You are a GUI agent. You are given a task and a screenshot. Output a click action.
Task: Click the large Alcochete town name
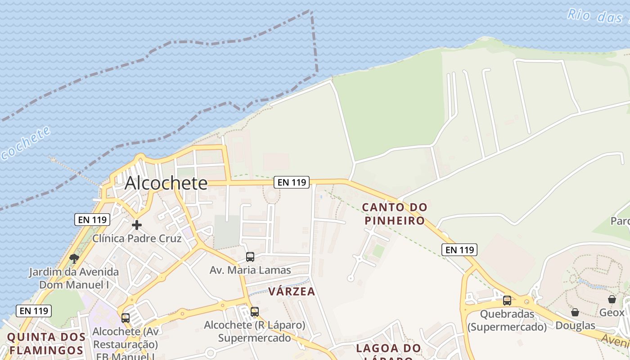click(166, 183)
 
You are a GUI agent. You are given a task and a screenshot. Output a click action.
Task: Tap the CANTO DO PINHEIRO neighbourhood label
click(395, 214)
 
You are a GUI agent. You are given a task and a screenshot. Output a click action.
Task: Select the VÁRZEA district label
click(292, 291)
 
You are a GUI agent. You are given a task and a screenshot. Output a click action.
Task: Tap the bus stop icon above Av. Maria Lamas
click(250, 257)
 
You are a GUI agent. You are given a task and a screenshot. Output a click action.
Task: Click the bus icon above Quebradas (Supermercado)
click(507, 300)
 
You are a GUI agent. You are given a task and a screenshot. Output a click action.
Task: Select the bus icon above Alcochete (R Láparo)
click(255, 311)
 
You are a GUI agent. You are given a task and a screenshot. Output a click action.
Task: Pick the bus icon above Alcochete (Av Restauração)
click(126, 318)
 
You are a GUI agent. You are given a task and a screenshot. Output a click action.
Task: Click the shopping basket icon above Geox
click(612, 299)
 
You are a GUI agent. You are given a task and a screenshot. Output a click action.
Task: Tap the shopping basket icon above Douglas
click(575, 312)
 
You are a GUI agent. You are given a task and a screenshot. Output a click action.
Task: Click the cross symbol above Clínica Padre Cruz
click(137, 225)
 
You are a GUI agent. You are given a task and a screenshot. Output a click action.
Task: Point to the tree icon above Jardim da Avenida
click(74, 258)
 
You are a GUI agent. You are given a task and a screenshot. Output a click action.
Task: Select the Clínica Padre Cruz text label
click(137, 238)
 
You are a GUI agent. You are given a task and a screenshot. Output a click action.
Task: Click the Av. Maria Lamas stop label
click(250, 270)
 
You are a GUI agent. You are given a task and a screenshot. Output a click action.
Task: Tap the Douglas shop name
click(575, 325)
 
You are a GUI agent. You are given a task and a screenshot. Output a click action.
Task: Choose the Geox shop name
click(612, 312)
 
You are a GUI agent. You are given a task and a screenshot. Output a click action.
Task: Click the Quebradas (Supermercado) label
click(507, 320)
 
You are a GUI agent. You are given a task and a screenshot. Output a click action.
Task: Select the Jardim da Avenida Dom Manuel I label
click(74, 278)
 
